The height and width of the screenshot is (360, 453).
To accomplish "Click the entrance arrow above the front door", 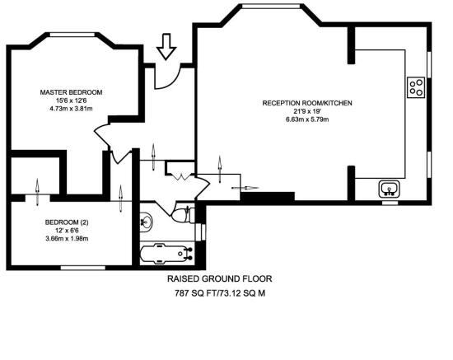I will point(166,46).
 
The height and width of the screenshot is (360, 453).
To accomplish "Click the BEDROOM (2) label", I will point(66,222).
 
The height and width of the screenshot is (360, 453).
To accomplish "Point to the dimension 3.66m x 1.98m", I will point(66,239).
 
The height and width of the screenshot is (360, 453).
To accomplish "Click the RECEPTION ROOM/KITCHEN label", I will point(307,103).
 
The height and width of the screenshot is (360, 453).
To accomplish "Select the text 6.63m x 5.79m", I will point(307,120).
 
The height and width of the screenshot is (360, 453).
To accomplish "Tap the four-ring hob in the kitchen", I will point(417,86).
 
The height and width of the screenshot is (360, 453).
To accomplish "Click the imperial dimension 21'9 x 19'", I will point(307,111).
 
